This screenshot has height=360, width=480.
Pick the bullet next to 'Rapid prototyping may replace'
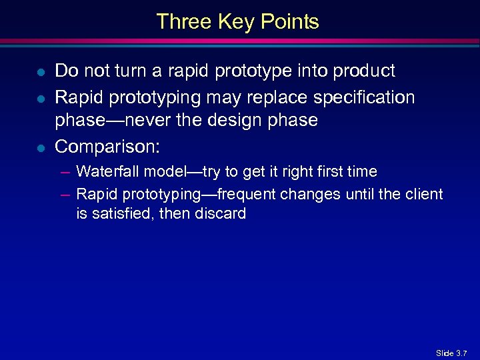[41, 99]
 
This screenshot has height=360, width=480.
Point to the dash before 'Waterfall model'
[65, 172]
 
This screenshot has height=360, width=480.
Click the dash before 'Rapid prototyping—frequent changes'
[65, 194]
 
